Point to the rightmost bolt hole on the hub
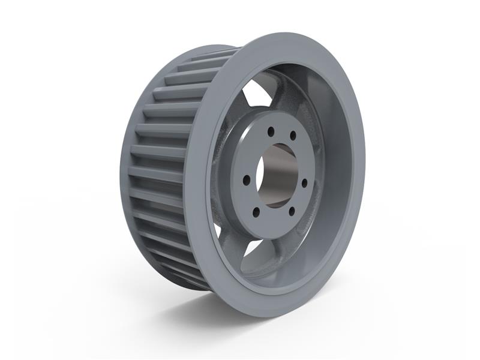pos(304,182)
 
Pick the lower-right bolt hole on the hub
pos(292,210)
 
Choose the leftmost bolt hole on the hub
pos(245,178)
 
